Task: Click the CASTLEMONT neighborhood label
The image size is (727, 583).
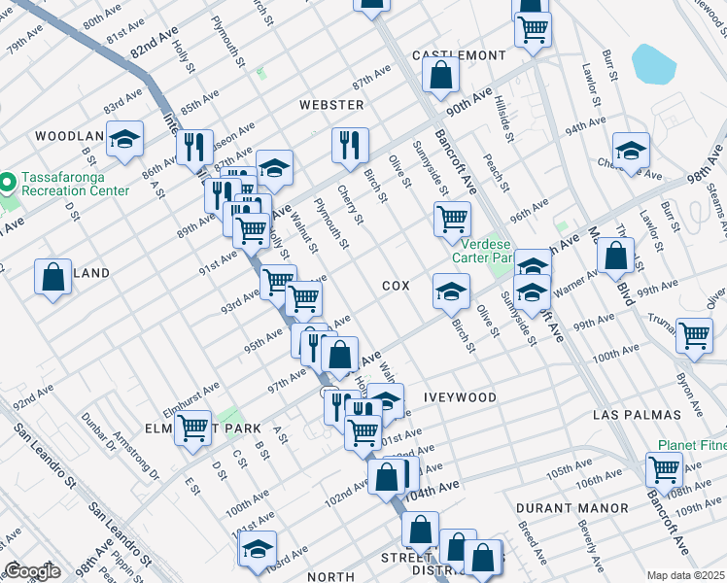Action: coord(460,55)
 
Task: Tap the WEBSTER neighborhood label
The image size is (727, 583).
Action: coord(331,104)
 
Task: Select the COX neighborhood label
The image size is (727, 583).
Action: coord(396,286)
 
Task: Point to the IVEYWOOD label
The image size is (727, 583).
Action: coord(460,397)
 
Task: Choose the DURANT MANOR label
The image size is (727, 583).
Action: coord(571,508)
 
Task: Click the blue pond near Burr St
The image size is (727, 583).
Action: coord(653,63)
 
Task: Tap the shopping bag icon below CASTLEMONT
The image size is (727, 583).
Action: coord(441,74)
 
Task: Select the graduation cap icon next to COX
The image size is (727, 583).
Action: coord(451,289)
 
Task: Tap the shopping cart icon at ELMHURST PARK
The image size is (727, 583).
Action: coord(193,426)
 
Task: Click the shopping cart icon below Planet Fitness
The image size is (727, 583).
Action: coord(664,469)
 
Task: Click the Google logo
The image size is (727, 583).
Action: coord(32,571)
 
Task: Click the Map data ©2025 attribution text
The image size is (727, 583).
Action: coord(685,575)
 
